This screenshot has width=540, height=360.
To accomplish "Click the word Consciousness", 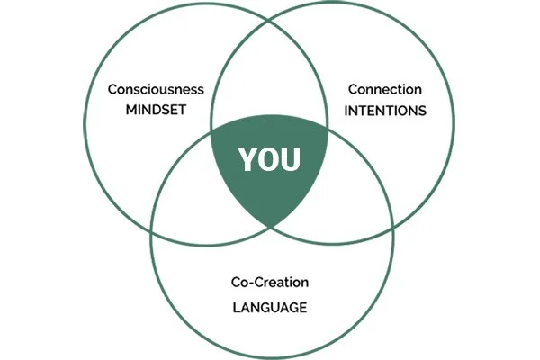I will pyautogui.click(x=156, y=89).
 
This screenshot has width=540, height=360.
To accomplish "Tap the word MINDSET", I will pyautogui.click(x=156, y=113).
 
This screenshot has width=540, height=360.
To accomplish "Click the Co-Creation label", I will pyautogui.click(x=269, y=283).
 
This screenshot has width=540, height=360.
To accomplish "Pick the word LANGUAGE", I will pyautogui.click(x=269, y=307).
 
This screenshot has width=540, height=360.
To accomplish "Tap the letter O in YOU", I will pyautogui.click(x=269, y=160).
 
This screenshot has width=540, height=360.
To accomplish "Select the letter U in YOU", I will pyautogui.click(x=292, y=160).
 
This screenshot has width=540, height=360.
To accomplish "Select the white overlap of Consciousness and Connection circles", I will pyautogui.click(x=270, y=81).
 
